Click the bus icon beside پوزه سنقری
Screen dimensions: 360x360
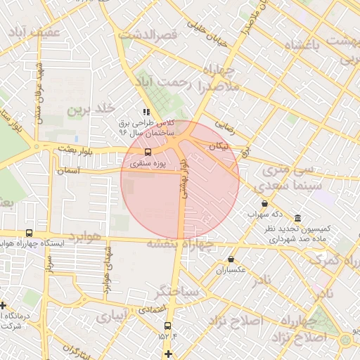click(x=148, y=152)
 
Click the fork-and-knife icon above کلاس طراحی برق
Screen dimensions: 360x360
click(x=146, y=112)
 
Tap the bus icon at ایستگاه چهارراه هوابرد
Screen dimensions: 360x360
click(x=29, y=233)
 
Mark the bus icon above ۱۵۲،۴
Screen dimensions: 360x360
click(x=167, y=326)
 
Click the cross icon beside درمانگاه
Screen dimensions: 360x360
click(x=4, y=305)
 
